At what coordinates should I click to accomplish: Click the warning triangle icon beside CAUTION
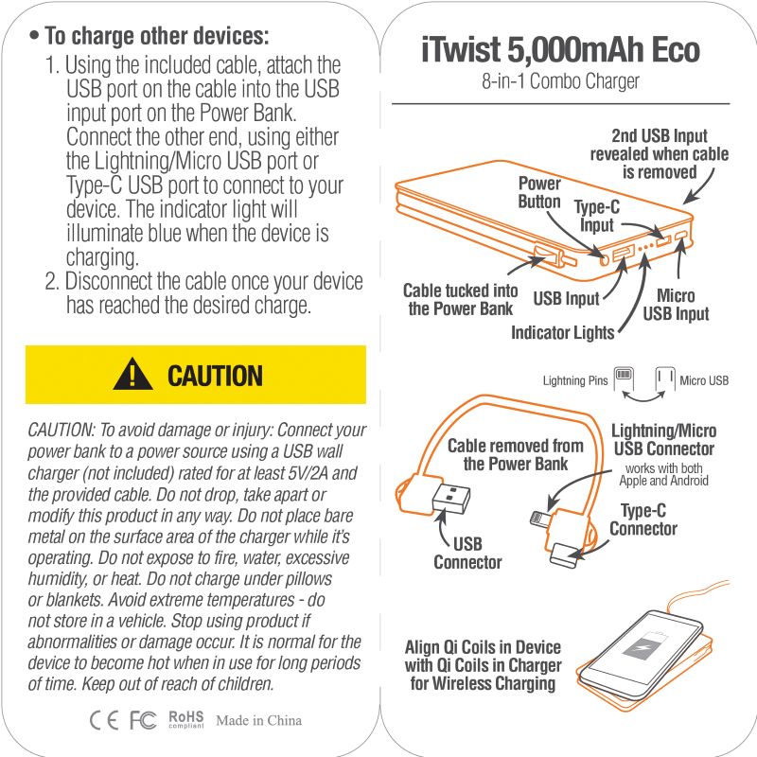click(132, 375)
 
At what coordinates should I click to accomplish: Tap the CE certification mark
click(104, 720)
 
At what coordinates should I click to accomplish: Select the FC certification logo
click(143, 720)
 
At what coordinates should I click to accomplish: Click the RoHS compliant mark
click(185, 719)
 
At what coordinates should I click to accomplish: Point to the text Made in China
click(258, 720)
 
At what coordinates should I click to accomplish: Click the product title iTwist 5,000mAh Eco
click(560, 49)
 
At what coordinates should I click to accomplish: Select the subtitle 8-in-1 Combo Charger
click(560, 81)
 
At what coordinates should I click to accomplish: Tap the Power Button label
click(539, 192)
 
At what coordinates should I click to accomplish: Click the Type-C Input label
click(597, 216)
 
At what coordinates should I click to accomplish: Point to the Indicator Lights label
click(562, 333)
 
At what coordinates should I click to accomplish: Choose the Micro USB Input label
click(676, 304)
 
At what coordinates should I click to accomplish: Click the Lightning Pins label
click(575, 380)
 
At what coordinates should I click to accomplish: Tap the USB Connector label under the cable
click(467, 553)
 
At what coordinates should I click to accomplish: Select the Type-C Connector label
click(643, 519)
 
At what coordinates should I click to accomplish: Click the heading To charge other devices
click(156, 36)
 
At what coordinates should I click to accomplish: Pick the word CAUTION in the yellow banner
click(216, 376)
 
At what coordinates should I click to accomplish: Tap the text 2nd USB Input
click(659, 135)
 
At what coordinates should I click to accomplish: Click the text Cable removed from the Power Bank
click(516, 454)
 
